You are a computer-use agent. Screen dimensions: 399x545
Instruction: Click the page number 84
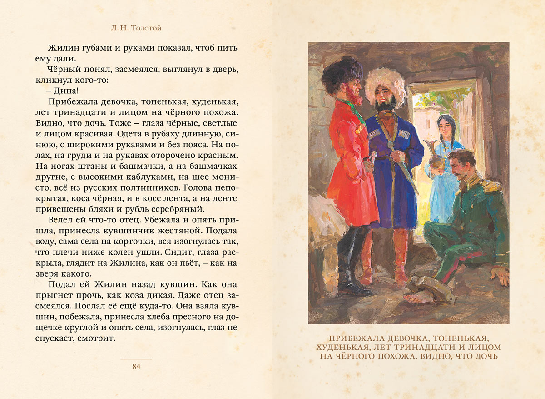[x=136, y=367]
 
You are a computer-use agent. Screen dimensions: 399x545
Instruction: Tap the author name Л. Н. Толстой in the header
[x=136, y=28]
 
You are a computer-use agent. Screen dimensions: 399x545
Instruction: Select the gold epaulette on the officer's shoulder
[x=491, y=185]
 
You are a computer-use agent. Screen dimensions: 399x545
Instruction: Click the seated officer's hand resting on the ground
[x=500, y=273]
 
